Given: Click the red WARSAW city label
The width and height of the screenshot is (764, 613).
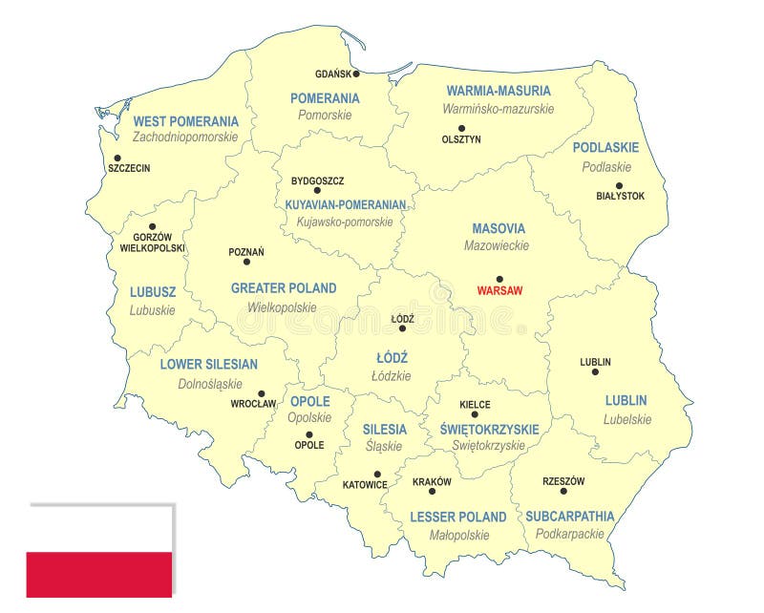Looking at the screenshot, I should tap(499, 291).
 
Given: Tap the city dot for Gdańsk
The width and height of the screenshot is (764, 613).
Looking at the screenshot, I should tap(356, 74).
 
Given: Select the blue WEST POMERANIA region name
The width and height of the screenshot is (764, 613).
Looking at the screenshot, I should tap(185, 121).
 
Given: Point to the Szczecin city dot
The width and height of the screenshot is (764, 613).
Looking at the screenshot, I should tap(117, 159).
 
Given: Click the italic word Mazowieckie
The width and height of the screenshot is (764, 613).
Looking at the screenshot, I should tap(497, 245).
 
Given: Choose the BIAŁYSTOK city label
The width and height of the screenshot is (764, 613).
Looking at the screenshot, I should tap(620, 196).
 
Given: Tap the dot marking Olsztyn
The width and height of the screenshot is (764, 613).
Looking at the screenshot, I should tap(461, 128).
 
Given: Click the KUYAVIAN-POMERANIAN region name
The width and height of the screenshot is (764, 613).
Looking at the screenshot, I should tap(346, 204).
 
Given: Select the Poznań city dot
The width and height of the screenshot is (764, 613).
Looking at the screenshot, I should tap(246, 262).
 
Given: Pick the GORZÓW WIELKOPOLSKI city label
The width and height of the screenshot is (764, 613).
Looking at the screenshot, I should tap(152, 243).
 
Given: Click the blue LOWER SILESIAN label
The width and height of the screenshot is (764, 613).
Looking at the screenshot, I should tap(208, 364).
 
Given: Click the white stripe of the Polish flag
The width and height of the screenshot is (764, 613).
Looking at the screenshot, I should tap(99, 529).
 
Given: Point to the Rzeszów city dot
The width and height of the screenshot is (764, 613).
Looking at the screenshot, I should tap(563, 491).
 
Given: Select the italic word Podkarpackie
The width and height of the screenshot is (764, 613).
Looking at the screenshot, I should tap(569, 535).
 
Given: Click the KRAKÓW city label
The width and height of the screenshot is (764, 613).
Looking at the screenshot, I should tap(432, 482).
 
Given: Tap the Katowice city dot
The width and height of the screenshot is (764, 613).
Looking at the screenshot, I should tap(377, 474).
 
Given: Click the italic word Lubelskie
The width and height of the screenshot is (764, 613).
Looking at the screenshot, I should tap(627, 418).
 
